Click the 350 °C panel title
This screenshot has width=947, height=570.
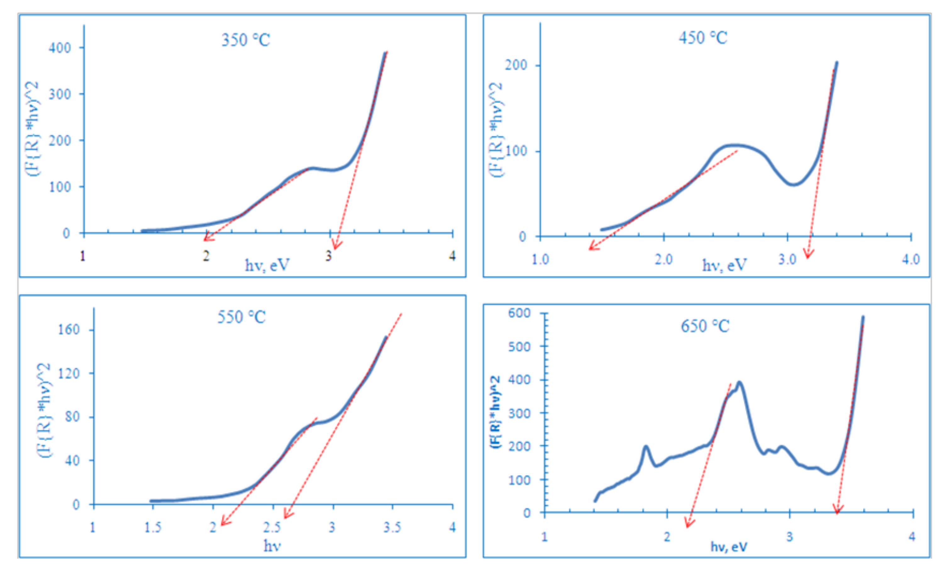246,40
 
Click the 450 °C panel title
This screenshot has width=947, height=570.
702,38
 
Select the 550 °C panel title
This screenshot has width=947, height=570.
241,317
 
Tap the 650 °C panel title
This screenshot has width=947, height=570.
705,326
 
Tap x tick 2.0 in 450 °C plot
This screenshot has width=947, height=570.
664,260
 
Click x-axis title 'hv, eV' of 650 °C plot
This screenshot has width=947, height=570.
728,547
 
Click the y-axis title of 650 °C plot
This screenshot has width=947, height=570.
496,413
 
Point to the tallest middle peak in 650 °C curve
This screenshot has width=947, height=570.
739,383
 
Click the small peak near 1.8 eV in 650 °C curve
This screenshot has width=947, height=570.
646,447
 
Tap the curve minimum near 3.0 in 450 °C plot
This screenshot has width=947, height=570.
793,185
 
